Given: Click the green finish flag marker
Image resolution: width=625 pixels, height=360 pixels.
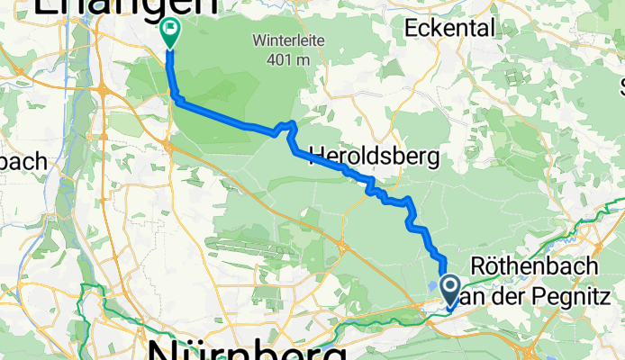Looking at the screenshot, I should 169,32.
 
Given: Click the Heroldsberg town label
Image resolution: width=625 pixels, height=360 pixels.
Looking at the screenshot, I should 374,157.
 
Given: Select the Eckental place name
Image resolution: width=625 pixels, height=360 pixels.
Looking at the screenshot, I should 450,28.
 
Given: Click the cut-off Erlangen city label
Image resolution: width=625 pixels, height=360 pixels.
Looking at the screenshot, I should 126,7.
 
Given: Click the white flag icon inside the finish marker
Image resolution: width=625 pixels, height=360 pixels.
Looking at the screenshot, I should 169,30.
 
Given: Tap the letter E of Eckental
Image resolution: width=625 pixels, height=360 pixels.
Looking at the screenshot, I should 412,28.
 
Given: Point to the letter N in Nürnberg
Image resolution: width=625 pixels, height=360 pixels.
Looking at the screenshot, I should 165,349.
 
